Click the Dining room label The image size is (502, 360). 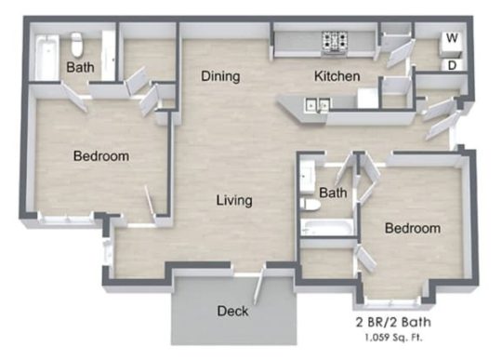221,76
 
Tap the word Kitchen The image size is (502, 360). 336,76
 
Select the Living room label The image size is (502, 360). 234,200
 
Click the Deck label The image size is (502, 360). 232,311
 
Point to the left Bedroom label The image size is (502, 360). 100,156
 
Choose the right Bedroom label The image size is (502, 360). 413,228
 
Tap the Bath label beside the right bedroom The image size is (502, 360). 332,193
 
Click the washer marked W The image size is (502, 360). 452,39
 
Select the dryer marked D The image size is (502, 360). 452,65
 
